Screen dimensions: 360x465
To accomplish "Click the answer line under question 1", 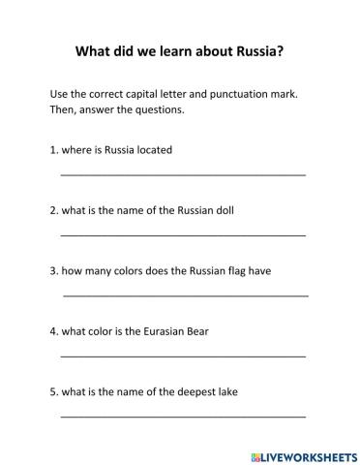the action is tap(183, 174).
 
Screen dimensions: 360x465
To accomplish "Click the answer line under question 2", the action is tap(183, 234).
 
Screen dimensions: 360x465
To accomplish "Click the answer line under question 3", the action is tap(186, 294).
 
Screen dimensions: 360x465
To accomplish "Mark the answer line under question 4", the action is tap(183, 356).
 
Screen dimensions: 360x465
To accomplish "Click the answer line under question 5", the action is tap(183, 417).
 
